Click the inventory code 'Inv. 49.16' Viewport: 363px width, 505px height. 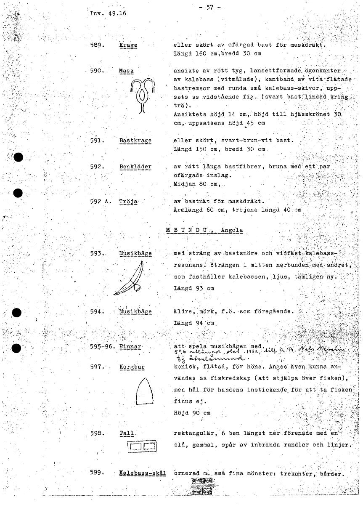pyautogui.click(x=108, y=13)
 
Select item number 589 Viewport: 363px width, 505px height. pyautogui.click(x=97, y=45)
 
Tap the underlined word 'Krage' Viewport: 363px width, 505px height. pyautogui.click(x=128, y=45)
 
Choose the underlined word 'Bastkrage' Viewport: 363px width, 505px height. pyautogui.click(x=135, y=141)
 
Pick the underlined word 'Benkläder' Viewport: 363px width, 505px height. pyautogui.click(x=135, y=167)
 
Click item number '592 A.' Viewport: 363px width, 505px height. pyautogui.click(x=100, y=201)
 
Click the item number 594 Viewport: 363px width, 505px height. pyautogui.click(x=97, y=312)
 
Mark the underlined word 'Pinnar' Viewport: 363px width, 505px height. pyautogui.click(x=130, y=347)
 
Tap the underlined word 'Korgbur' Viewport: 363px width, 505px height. pyautogui.click(x=132, y=367)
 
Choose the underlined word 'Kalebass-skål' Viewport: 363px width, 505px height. pyautogui.click(x=143, y=473)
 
